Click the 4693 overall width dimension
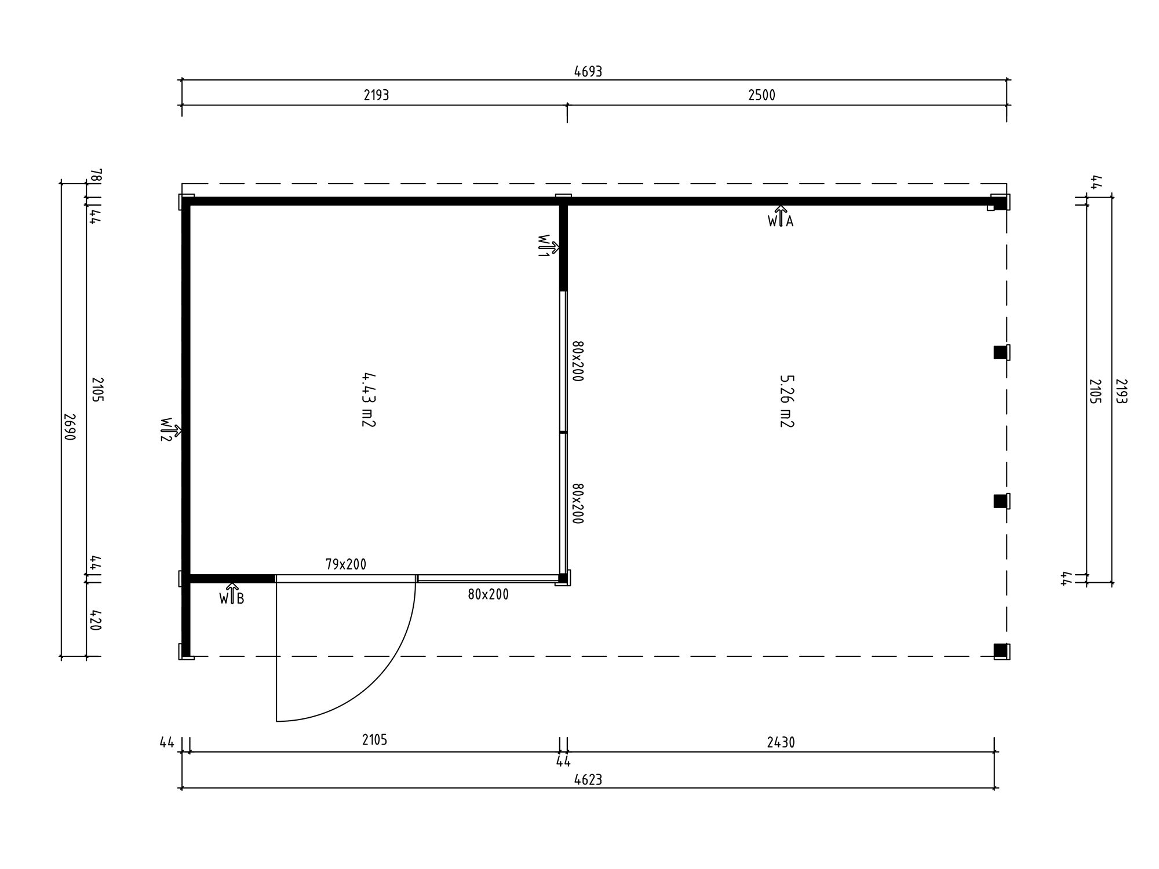click(588, 72)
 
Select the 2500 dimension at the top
click(761, 96)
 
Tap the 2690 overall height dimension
click(70, 427)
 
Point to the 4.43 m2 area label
click(369, 400)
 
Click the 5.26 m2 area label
click(786, 401)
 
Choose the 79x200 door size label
click(346, 564)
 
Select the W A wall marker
click(781, 217)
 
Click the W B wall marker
click(232, 594)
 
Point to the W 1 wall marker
click(548, 247)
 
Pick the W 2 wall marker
click(170, 430)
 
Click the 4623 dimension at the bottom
click(588, 780)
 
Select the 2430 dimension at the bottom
click(781, 743)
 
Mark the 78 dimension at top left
click(97, 175)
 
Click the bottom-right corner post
click(1001, 651)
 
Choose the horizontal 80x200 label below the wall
click(488, 595)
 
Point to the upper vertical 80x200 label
click(577, 361)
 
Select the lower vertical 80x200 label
click(577, 503)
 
